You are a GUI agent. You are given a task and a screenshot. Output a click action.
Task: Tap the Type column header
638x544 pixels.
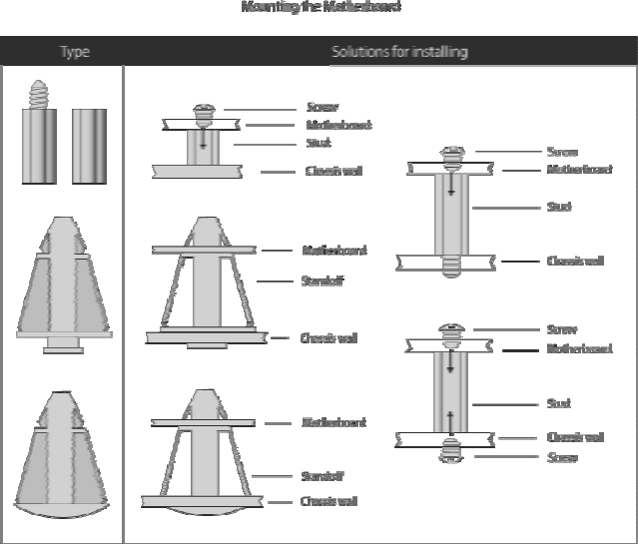pyautogui.click(x=75, y=52)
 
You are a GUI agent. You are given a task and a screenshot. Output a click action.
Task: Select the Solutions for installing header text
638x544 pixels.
pyautogui.click(x=399, y=52)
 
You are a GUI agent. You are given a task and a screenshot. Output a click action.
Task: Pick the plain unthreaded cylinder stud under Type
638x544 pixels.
pyautogui.click(x=89, y=145)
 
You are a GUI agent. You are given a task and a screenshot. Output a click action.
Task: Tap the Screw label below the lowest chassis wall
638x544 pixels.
pyautogui.click(x=562, y=458)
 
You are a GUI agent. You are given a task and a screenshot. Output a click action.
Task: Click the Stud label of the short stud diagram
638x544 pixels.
pyautogui.click(x=319, y=143)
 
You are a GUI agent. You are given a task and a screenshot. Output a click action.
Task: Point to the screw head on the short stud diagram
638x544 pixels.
pyautogui.click(x=205, y=111)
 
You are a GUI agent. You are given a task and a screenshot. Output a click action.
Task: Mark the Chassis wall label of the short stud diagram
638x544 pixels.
pyautogui.click(x=333, y=171)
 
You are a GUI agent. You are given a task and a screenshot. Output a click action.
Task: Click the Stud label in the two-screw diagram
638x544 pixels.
pyautogui.click(x=558, y=403)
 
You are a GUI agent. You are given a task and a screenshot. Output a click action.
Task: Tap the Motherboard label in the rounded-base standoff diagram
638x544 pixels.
pyautogui.click(x=333, y=422)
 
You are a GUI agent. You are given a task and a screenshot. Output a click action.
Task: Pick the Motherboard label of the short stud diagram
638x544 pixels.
pyautogui.click(x=338, y=125)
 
